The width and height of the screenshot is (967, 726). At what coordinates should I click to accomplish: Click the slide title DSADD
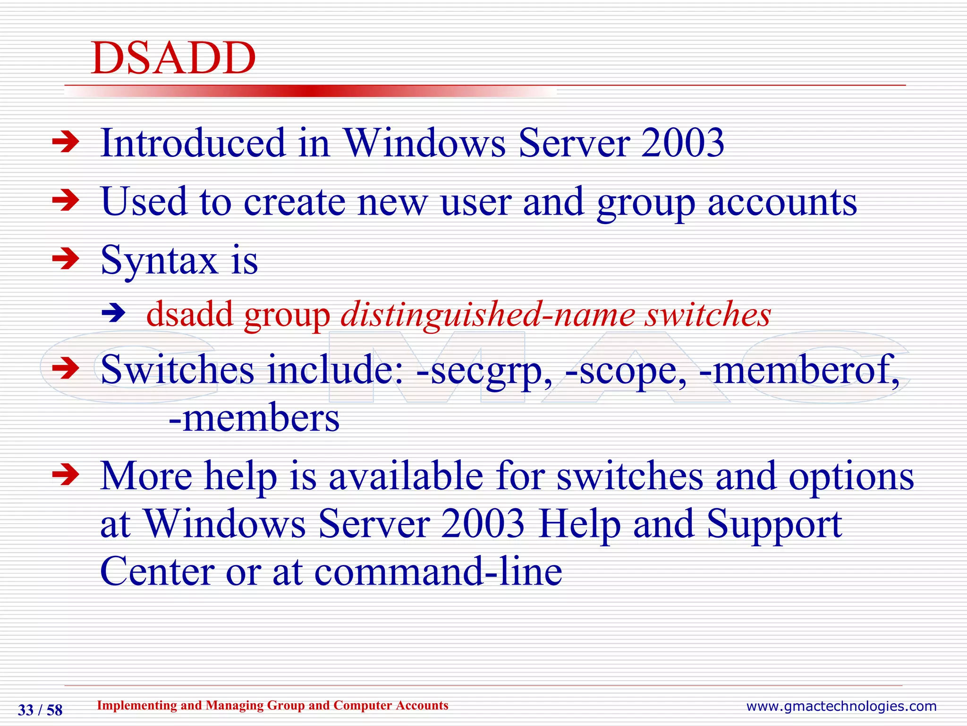[173, 58]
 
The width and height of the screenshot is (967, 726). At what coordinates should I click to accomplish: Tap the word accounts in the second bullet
[782, 202]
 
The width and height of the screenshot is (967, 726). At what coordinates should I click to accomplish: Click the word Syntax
[159, 261]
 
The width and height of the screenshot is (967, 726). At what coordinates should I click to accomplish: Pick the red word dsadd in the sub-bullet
[190, 314]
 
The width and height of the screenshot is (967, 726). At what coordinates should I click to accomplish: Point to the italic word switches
[708, 314]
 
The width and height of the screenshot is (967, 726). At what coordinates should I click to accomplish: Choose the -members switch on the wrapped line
[254, 419]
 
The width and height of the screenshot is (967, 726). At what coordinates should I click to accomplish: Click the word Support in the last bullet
[774, 524]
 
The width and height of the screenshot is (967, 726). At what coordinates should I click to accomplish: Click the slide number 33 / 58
[40, 710]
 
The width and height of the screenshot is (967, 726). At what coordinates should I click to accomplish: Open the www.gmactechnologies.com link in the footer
[841, 706]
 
